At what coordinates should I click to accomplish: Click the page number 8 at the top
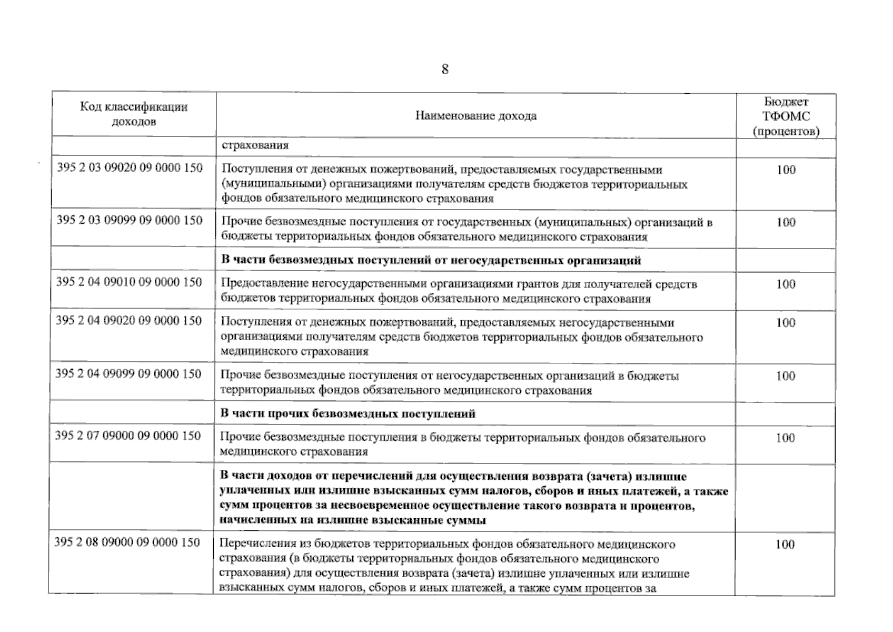click(x=445, y=70)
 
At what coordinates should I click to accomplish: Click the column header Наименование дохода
click(x=475, y=116)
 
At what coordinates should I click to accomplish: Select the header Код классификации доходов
click(x=134, y=114)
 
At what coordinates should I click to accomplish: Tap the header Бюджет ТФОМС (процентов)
click(x=786, y=116)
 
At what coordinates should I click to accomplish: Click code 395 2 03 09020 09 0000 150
click(x=130, y=168)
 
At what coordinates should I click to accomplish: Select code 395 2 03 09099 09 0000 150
click(x=130, y=220)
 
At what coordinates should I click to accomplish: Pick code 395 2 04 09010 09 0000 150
click(x=129, y=282)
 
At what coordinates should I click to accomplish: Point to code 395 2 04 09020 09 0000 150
click(x=129, y=321)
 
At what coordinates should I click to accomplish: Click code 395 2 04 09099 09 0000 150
click(x=128, y=374)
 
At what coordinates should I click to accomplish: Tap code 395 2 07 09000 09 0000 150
click(x=128, y=436)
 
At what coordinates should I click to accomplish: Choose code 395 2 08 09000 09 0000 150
click(x=127, y=542)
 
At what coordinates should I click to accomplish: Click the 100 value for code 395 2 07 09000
click(x=785, y=438)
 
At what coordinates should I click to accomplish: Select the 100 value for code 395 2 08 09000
click(x=785, y=545)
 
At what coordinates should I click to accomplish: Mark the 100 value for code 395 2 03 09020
click(x=786, y=170)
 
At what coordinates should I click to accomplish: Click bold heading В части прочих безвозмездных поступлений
click(x=348, y=414)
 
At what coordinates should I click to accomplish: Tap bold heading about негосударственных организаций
click(x=430, y=260)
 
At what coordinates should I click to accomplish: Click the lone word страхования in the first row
click(x=255, y=145)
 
